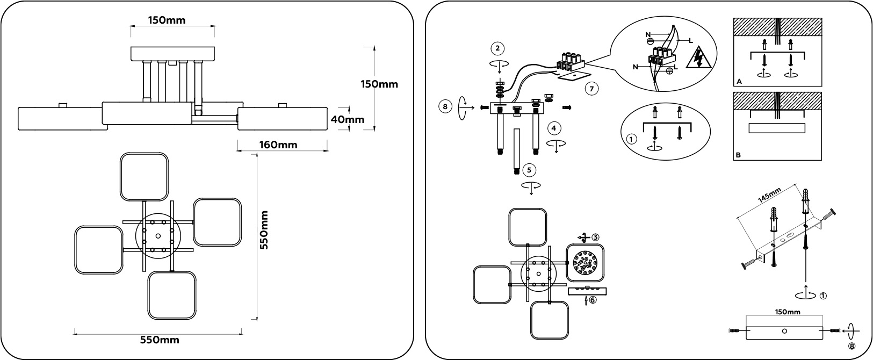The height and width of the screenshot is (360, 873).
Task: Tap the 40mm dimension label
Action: [347, 119]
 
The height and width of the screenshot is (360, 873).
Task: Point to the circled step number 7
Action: [590, 89]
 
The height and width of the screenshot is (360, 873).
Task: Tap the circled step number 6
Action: [593, 300]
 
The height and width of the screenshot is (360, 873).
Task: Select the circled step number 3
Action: [596, 236]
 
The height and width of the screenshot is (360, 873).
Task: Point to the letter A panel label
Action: [739, 82]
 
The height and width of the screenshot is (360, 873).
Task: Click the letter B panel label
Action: [739, 155]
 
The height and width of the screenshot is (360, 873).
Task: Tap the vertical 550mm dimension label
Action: [264, 236]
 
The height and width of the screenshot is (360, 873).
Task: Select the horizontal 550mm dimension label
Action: [160, 340]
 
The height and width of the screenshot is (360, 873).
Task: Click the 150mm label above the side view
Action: [167, 20]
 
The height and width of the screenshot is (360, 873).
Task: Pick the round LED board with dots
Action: [585, 263]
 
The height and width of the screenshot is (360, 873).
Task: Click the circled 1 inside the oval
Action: [632, 139]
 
